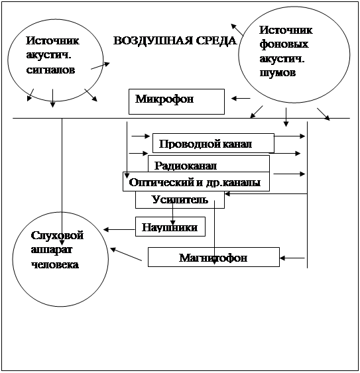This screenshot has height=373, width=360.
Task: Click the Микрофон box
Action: pyautogui.click(x=176, y=101)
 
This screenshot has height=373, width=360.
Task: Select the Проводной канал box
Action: pyautogui.click(x=213, y=143)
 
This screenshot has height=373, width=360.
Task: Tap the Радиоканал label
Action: pyautogui.click(x=186, y=166)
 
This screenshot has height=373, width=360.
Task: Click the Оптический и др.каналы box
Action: pyautogui.click(x=196, y=182)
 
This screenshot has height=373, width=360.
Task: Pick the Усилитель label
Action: pyautogui.click(x=180, y=199)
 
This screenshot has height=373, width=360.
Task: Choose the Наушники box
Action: pyautogui.click(x=170, y=227)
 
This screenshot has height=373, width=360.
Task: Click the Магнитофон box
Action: pyautogui.click(x=213, y=257)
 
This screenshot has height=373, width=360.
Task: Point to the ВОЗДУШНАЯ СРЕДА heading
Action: pyautogui.click(x=175, y=40)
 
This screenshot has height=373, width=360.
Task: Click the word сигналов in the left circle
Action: pyautogui.click(x=50, y=70)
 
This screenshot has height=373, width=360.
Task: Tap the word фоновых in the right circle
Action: pyautogui.click(x=284, y=44)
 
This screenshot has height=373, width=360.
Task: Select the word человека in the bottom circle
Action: pyautogui.click(x=55, y=265)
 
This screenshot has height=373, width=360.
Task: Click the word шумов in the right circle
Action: pyautogui.click(x=278, y=73)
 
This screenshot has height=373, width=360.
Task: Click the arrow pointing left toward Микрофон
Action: pyautogui.click(x=241, y=98)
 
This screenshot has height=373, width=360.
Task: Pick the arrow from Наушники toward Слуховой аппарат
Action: pyautogui.click(x=119, y=229)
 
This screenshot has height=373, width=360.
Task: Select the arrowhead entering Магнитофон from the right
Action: pyautogui.click(x=282, y=258)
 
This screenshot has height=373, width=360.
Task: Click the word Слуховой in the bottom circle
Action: pyautogui.click(x=57, y=235)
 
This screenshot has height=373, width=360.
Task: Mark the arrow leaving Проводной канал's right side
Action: pyautogui.click(x=290, y=136)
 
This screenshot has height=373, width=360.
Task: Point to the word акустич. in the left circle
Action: pyautogui.click(x=48, y=56)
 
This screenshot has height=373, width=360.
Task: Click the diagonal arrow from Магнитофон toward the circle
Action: pyautogui.click(x=126, y=254)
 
